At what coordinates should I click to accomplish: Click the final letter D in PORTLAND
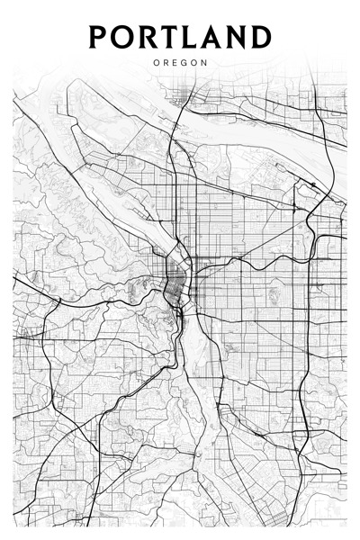click(x=260, y=37)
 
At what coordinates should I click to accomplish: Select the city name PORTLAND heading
click(x=180, y=37)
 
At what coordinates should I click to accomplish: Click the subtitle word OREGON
click(x=180, y=63)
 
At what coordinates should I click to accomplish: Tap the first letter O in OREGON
click(x=157, y=63)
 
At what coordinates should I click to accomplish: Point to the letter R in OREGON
click(x=166, y=63)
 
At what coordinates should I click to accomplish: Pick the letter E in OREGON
click(x=175, y=63)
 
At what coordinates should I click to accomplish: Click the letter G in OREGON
click(x=184, y=63)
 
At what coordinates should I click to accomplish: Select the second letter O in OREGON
click(x=194, y=63)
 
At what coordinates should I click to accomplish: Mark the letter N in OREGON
click(x=204, y=63)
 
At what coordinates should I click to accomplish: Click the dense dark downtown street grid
click(x=173, y=286)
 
